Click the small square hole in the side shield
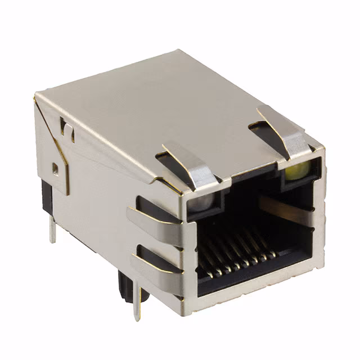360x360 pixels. [55, 168]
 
